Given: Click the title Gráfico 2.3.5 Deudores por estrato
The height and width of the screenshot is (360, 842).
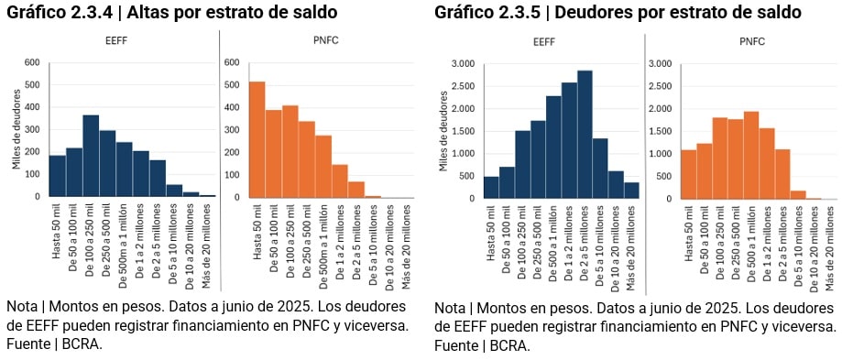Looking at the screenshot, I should point(618,13).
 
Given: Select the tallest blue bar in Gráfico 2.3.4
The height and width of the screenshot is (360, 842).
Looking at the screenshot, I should point(91,156).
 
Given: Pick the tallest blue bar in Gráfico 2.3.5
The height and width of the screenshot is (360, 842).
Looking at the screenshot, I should point(585,135).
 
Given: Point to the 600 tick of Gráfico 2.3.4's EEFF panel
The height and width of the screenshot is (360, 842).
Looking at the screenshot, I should point(32,62).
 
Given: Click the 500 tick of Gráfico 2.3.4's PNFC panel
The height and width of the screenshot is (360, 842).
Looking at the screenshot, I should point(231,85).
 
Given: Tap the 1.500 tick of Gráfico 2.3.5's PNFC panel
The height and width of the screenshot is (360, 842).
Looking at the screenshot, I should point(659,131).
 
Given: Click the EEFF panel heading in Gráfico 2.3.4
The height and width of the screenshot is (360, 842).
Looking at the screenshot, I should point(116,41).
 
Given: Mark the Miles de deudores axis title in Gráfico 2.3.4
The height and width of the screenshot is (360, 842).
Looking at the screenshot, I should point(16,129).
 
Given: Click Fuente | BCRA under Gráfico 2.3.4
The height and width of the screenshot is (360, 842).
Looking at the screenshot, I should point(53,344).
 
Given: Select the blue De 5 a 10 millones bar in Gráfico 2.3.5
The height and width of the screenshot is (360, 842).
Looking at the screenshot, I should point(600,169).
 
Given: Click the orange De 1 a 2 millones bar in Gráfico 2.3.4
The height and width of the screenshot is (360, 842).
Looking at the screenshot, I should point(339,180).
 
